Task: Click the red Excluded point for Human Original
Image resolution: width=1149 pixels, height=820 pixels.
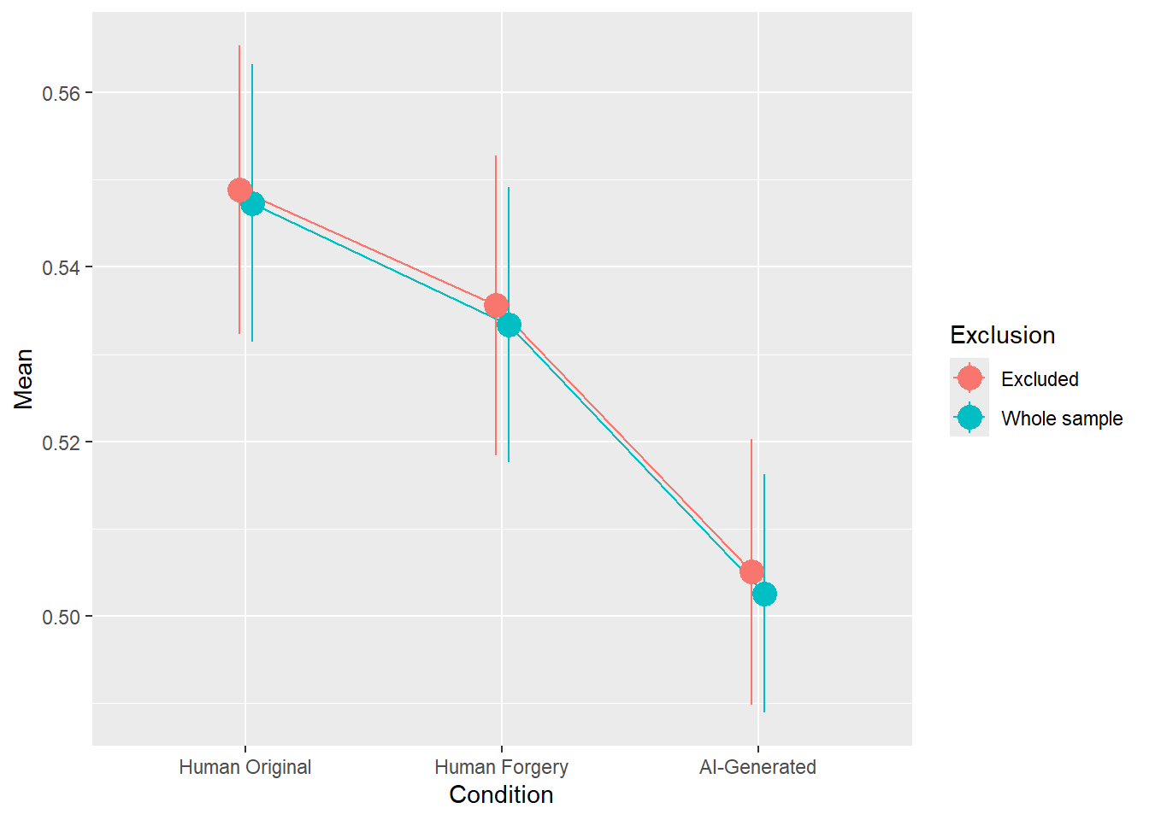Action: point(239,190)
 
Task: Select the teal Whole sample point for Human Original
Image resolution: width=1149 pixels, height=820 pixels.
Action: point(252,204)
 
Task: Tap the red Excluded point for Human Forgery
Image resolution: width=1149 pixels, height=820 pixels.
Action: point(496,306)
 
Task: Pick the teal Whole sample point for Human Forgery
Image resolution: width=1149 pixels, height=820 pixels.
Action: point(509,325)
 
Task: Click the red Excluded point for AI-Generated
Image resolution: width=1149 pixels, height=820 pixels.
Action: point(751,571)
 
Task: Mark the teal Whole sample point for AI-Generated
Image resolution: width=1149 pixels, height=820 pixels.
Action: point(764,594)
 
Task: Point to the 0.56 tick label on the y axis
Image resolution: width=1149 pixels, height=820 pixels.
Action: point(61,93)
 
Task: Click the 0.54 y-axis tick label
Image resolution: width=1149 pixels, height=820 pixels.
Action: point(61,268)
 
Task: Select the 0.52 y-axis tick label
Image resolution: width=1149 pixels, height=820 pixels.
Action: point(61,442)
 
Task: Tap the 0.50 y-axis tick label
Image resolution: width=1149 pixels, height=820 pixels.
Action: point(61,617)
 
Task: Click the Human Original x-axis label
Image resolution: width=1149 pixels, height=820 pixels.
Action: point(245,767)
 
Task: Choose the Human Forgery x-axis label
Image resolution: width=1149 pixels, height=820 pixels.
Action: point(501,767)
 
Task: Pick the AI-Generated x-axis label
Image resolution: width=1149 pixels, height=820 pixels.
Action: point(757,767)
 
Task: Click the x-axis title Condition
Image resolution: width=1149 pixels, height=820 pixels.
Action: point(501,795)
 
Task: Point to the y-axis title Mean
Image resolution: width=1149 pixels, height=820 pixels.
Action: point(24,378)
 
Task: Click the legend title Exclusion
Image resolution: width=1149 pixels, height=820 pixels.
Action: point(1002,336)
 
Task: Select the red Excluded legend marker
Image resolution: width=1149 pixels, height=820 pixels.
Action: point(969,378)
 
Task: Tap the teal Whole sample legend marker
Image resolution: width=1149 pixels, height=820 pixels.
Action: point(969,417)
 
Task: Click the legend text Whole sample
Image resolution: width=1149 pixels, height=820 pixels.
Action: point(1062,419)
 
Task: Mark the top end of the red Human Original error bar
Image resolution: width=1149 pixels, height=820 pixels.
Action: point(239,46)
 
